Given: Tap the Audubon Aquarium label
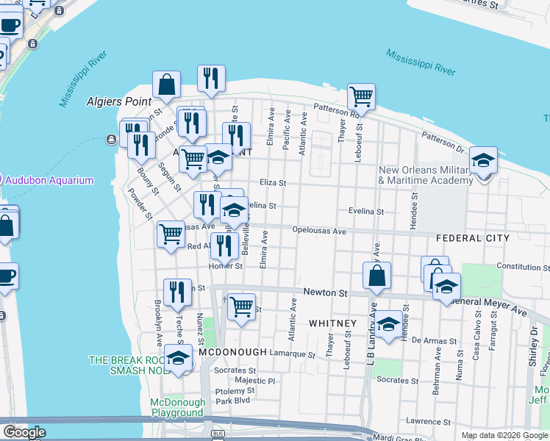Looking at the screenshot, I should tap(51, 180).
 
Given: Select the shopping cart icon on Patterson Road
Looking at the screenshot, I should tap(361, 96).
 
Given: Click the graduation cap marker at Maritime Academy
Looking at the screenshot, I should tap(483, 159).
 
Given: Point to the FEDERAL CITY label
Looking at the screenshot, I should tap(472, 238).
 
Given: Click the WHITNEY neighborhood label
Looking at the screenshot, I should tap(332, 323).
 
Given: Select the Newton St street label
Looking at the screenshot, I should tap(326, 293).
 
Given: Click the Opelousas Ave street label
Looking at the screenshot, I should tap(319, 230).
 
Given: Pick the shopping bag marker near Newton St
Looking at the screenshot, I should tap(377, 276).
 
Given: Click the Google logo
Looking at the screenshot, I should tap(24, 432).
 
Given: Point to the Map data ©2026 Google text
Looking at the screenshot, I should tap(504, 435).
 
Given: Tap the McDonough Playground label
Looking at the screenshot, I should tap(177, 407).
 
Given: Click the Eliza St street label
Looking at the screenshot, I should tap(272, 182).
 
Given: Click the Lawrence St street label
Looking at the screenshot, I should tap(427, 421).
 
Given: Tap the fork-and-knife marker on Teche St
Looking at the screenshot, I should tap(177, 292).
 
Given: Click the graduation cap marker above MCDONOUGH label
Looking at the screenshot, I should tap(177, 357).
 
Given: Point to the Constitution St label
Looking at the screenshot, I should tap(518, 266).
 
